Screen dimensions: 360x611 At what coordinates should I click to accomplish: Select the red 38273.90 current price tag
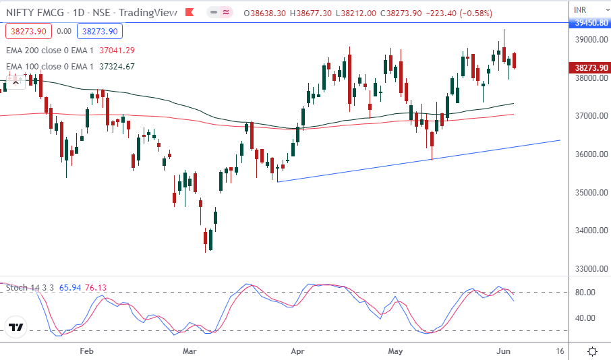coord(591,67)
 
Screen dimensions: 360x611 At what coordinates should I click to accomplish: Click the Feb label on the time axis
coord(86,351)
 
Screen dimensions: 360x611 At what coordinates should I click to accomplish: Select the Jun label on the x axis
coord(502,351)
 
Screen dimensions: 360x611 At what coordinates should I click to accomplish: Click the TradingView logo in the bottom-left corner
coord(16,328)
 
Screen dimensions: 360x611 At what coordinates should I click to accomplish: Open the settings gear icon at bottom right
coord(591,351)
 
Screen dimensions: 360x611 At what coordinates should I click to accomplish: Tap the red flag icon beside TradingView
coord(191,13)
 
